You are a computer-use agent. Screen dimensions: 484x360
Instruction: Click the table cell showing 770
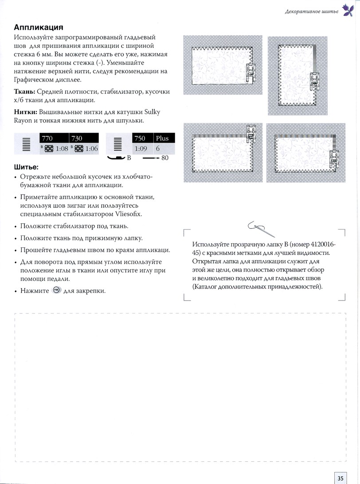pyautogui.click(x=47, y=138)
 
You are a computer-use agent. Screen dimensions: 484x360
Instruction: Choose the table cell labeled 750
pyautogui.click(x=139, y=138)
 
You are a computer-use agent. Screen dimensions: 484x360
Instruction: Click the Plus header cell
pyautogui.click(x=162, y=138)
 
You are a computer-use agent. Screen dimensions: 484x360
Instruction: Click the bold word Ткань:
pyautogui.click(x=26, y=91)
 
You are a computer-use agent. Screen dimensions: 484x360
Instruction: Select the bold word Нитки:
pyautogui.click(x=27, y=112)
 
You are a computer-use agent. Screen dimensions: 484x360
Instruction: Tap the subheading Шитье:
pyautogui.click(x=26, y=168)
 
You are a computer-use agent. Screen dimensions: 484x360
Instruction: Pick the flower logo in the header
pyautogui.click(x=347, y=10)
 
